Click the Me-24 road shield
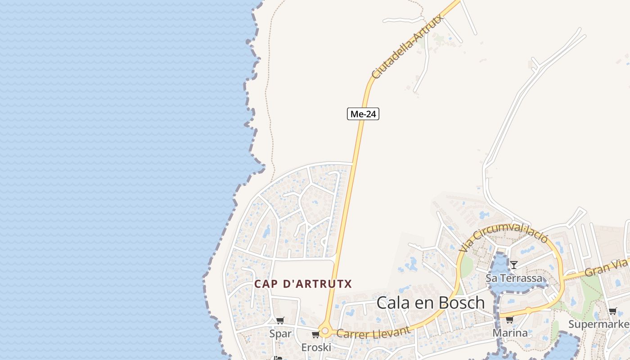[x=363, y=114]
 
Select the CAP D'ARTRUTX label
[x=303, y=284]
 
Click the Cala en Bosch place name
[x=431, y=303]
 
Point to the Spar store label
[x=280, y=333]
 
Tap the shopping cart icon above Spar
[x=280, y=320]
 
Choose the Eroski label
[x=316, y=347]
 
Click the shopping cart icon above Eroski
[x=316, y=334]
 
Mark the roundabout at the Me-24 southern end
[x=325, y=331]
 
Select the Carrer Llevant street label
[x=373, y=332]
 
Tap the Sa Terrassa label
[x=514, y=278]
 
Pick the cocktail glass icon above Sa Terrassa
[x=513, y=265]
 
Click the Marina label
[x=510, y=333]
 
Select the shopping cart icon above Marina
[x=509, y=320]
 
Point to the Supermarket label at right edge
[x=598, y=324]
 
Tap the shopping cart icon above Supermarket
[x=612, y=311]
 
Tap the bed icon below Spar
[x=278, y=358]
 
